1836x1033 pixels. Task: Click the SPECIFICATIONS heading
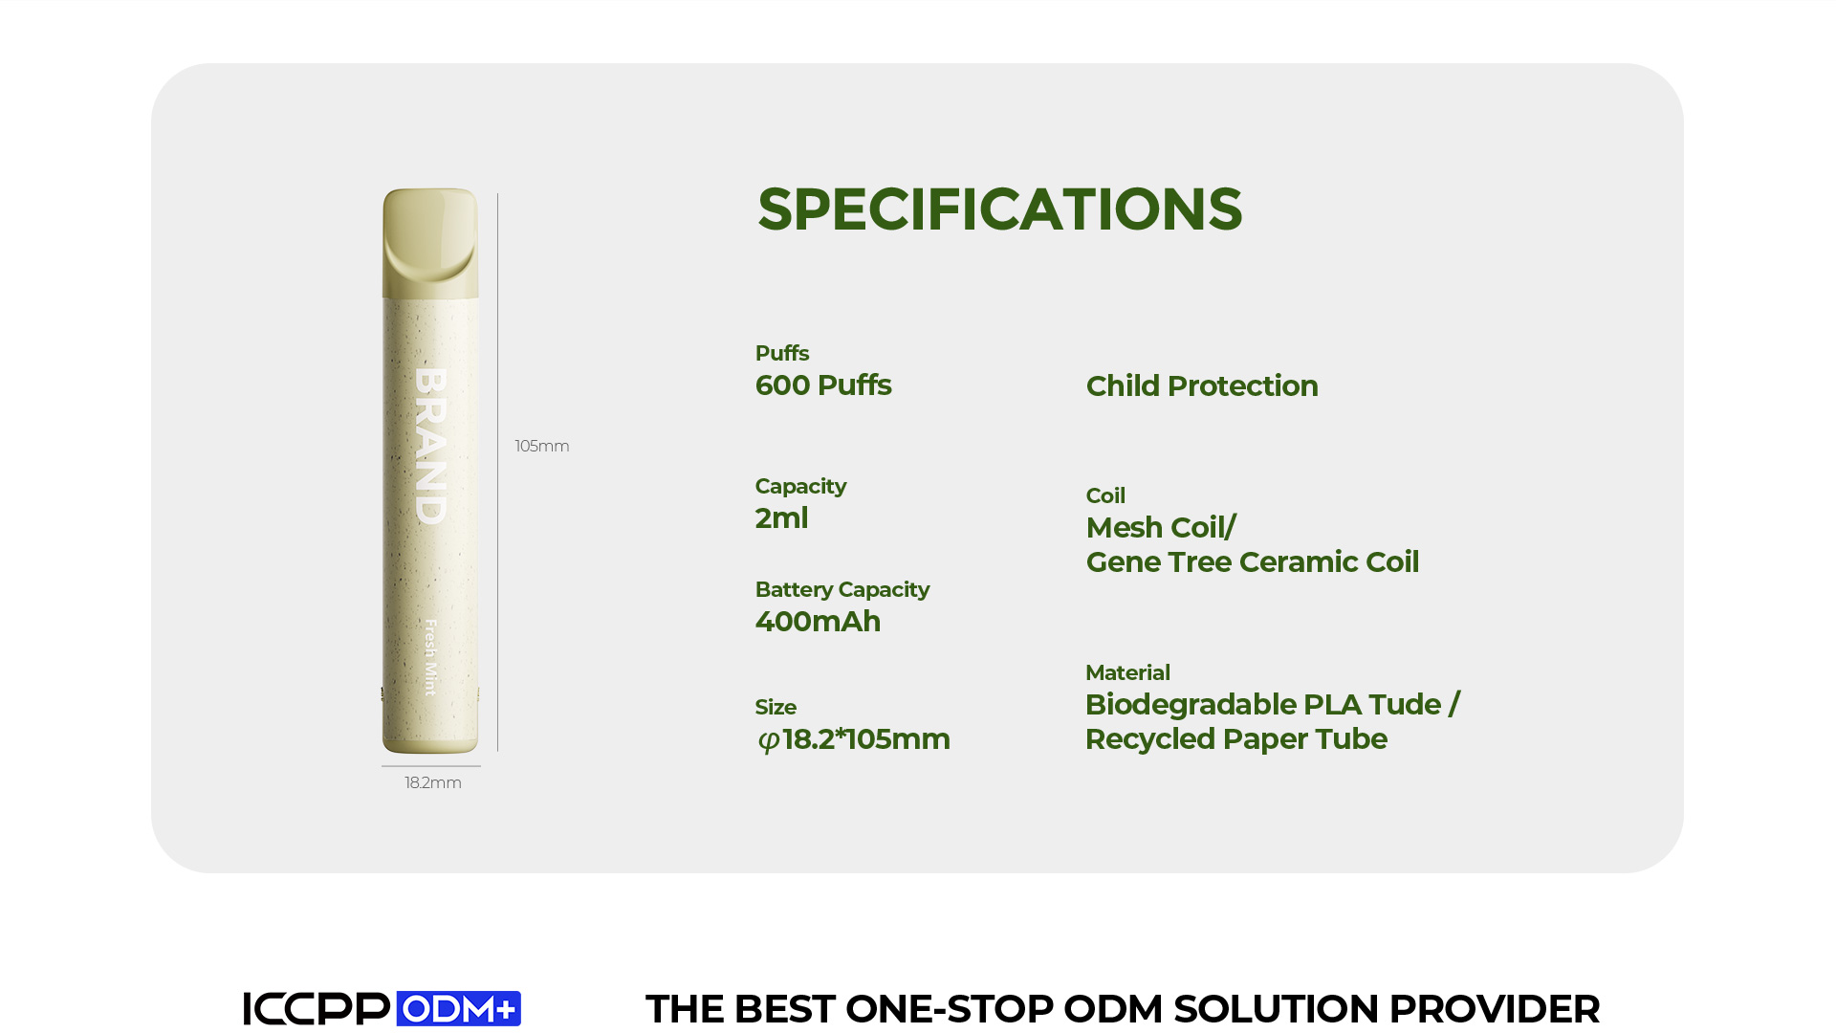[x=999, y=209]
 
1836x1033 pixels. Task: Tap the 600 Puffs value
[x=823, y=385]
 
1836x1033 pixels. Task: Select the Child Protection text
[x=1202, y=385]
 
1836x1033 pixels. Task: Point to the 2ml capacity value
[x=781, y=518]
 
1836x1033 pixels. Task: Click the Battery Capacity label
[x=842, y=590]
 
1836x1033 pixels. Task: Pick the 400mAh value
[x=818, y=622]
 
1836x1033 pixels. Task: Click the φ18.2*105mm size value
[x=853, y=739]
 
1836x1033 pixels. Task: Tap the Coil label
[x=1105, y=495]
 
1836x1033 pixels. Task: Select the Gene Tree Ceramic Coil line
[x=1253, y=562]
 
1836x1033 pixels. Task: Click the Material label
[x=1127, y=672]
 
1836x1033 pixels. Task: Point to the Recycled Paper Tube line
[x=1236, y=739]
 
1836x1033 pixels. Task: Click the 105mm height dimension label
[x=542, y=447]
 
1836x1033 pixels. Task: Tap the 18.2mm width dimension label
[x=433, y=783]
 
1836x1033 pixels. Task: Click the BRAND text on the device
[x=431, y=446]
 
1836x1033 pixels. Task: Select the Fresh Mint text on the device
[x=430, y=657]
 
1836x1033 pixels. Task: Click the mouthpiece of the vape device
[x=430, y=243]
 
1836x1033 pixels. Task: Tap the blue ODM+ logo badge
[x=459, y=1008]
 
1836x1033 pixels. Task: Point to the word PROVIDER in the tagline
[x=1494, y=1009]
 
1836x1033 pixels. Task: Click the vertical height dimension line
[x=497, y=473]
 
